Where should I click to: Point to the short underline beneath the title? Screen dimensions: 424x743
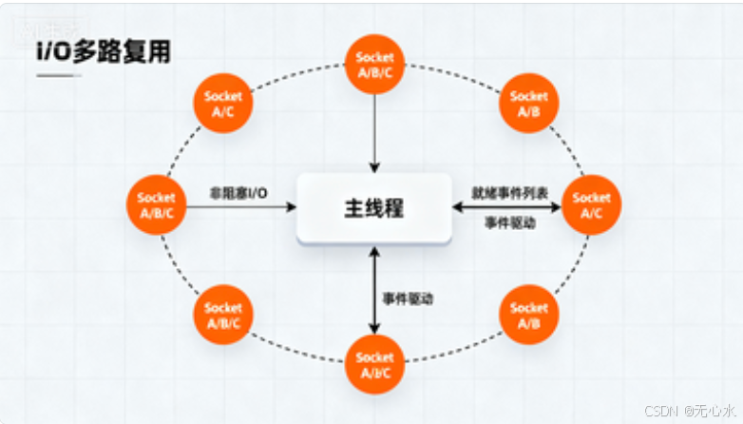click(x=58, y=74)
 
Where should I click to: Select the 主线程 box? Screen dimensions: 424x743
click(x=373, y=207)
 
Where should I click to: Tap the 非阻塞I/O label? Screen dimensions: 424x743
click(x=238, y=194)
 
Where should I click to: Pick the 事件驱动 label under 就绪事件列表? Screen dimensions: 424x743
click(x=510, y=222)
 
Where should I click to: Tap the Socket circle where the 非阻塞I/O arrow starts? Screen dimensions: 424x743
click(x=157, y=205)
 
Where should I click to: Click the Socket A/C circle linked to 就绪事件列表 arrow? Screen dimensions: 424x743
click(x=591, y=205)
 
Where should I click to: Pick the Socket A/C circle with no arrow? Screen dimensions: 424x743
click(x=222, y=104)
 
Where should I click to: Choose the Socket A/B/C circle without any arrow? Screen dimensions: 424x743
click(x=222, y=315)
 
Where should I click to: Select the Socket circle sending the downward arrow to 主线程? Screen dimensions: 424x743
click(x=374, y=65)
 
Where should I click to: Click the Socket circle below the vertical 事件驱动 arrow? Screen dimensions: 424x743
click(x=374, y=364)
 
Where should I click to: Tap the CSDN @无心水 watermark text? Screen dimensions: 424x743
click(x=690, y=411)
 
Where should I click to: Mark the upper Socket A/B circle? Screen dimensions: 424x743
click(x=528, y=104)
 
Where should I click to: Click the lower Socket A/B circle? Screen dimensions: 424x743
click(x=528, y=315)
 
